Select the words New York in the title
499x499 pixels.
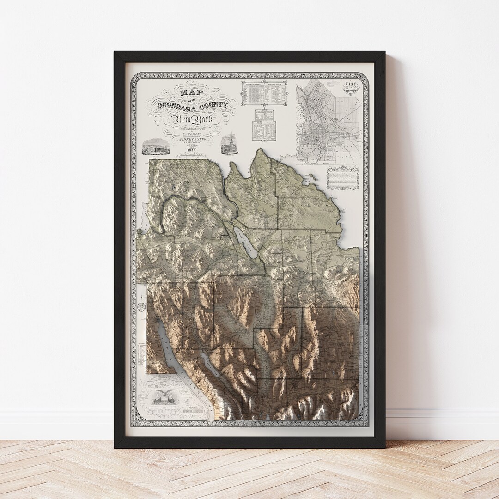pyautogui.click(x=189, y=121)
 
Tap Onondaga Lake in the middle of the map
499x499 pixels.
pyautogui.click(x=244, y=243)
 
